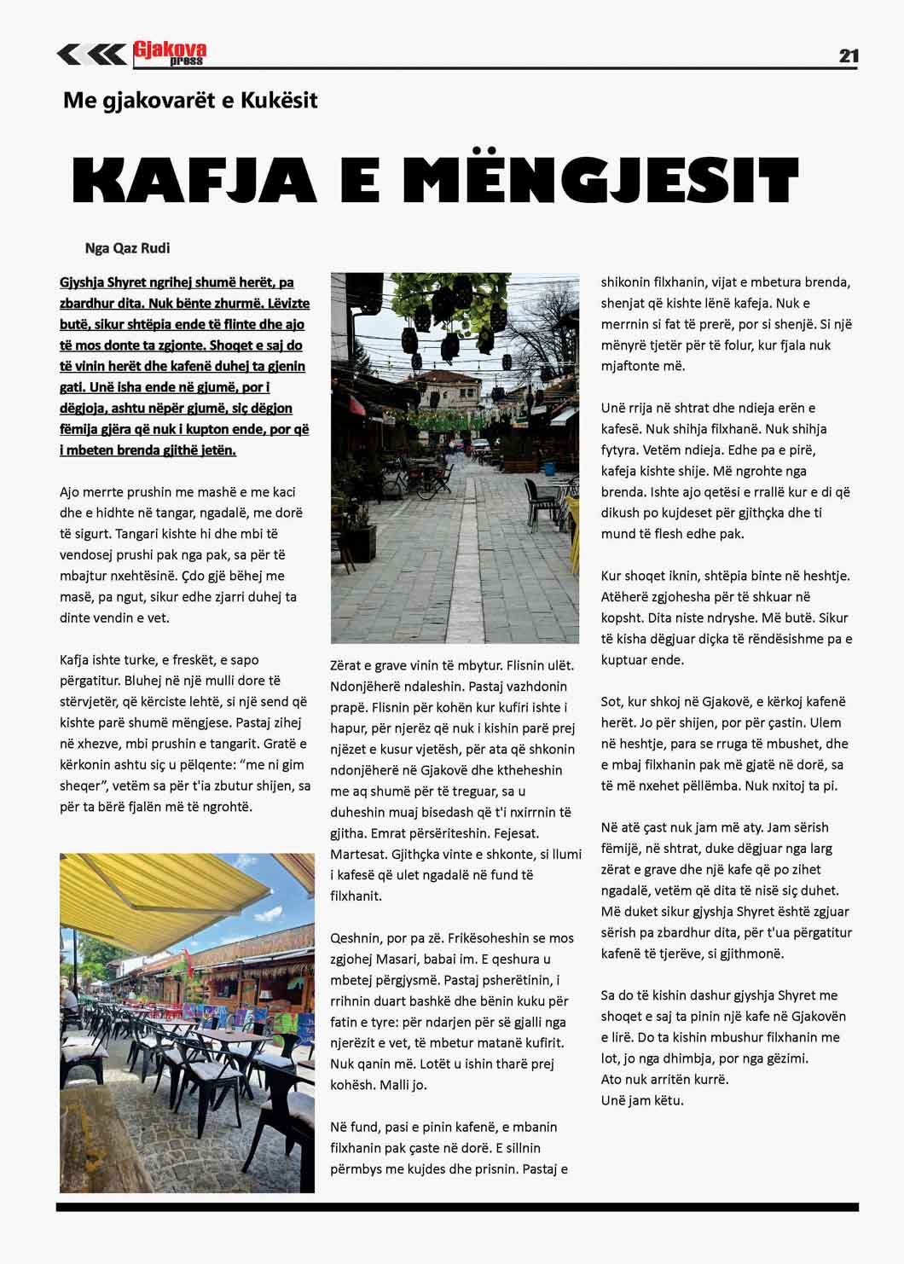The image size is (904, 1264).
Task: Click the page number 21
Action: [x=848, y=56]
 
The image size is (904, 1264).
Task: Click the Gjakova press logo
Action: [x=170, y=54]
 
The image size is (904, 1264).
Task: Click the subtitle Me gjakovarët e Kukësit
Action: [x=190, y=101]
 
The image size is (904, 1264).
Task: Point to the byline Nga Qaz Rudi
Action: [x=127, y=248]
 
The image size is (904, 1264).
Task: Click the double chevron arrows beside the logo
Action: [x=91, y=55]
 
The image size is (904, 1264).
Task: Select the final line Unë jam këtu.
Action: [x=642, y=1100]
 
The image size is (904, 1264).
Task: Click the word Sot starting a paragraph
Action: [x=611, y=702]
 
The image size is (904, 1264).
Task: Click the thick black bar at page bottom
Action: [x=457, y=1207]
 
